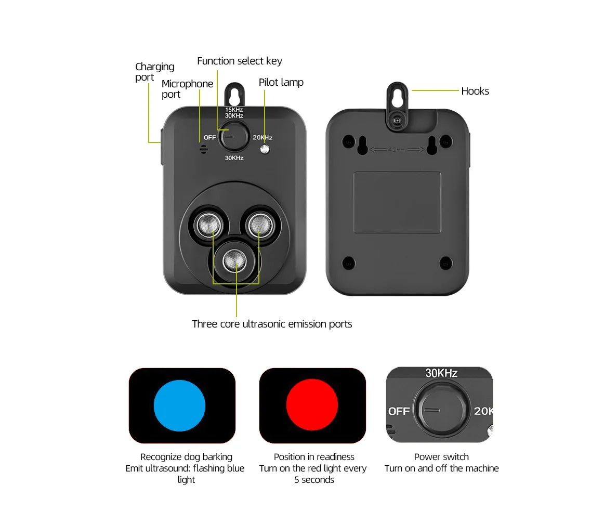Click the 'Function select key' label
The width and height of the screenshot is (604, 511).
click(x=240, y=61)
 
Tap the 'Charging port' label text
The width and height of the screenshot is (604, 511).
click(x=154, y=72)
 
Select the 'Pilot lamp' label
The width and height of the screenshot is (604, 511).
click(x=281, y=83)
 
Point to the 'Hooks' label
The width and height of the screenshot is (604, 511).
click(x=475, y=91)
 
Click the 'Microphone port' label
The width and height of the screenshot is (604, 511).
click(x=187, y=89)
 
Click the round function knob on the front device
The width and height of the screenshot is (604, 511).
click(x=234, y=136)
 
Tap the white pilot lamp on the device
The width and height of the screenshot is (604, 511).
click(x=265, y=149)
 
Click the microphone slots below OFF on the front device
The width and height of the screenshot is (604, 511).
click(x=204, y=149)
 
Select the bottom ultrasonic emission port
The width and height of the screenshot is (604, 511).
click(x=234, y=261)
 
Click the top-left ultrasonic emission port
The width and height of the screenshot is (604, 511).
click(x=209, y=225)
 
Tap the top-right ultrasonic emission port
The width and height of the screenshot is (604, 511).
click(x=260, y=225)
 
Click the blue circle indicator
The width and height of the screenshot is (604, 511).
click(x=179, y=405)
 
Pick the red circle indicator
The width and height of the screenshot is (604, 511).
click(x=312, y=404)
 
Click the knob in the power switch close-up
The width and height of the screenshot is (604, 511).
click(x=442, y=410)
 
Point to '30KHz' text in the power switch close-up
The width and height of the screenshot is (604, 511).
click(x=441, y=373)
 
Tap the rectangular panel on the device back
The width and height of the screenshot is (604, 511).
click(x=397, y=202)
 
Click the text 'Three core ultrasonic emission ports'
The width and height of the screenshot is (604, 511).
click(x=272, y=324)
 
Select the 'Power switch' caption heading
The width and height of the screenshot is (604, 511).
click(x=441, y=457)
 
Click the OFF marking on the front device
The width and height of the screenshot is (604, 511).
click(x=210, y=138)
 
